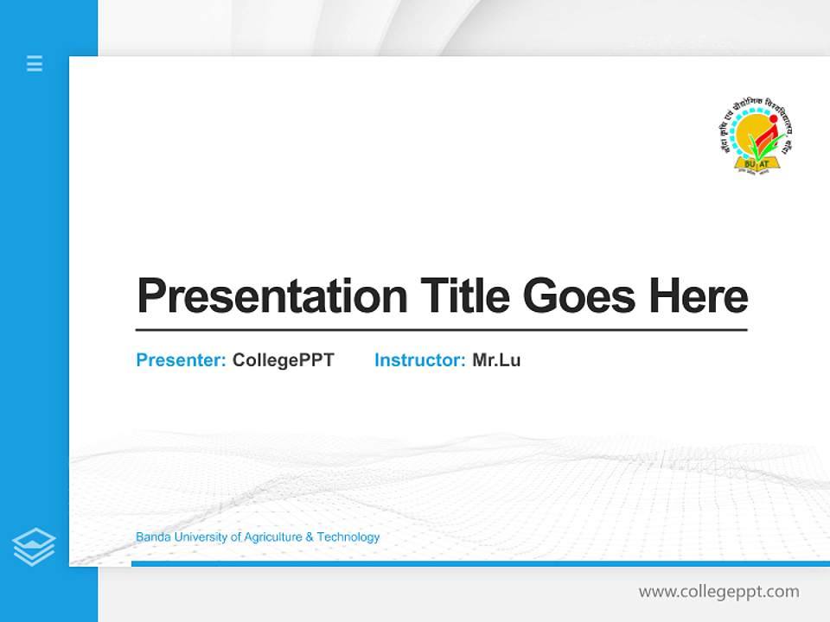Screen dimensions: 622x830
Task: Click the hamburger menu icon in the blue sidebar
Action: (35, 63)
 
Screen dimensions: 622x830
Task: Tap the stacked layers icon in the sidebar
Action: (34, 547)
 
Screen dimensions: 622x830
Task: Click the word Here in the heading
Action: (698, 296)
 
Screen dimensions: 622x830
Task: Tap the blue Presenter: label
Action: (181, 360)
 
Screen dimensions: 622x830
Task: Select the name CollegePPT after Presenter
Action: (283, 360)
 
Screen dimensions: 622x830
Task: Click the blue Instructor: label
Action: (419, 360)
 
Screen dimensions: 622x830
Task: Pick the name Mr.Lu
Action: (496, 360)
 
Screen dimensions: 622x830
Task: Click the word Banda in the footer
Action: (153, 537)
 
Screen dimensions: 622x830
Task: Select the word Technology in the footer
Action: (348, 537)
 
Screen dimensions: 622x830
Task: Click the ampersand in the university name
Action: (310, 537)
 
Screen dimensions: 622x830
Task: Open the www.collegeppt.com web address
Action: (718, 592)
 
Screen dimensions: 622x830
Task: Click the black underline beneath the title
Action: (441, 330)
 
